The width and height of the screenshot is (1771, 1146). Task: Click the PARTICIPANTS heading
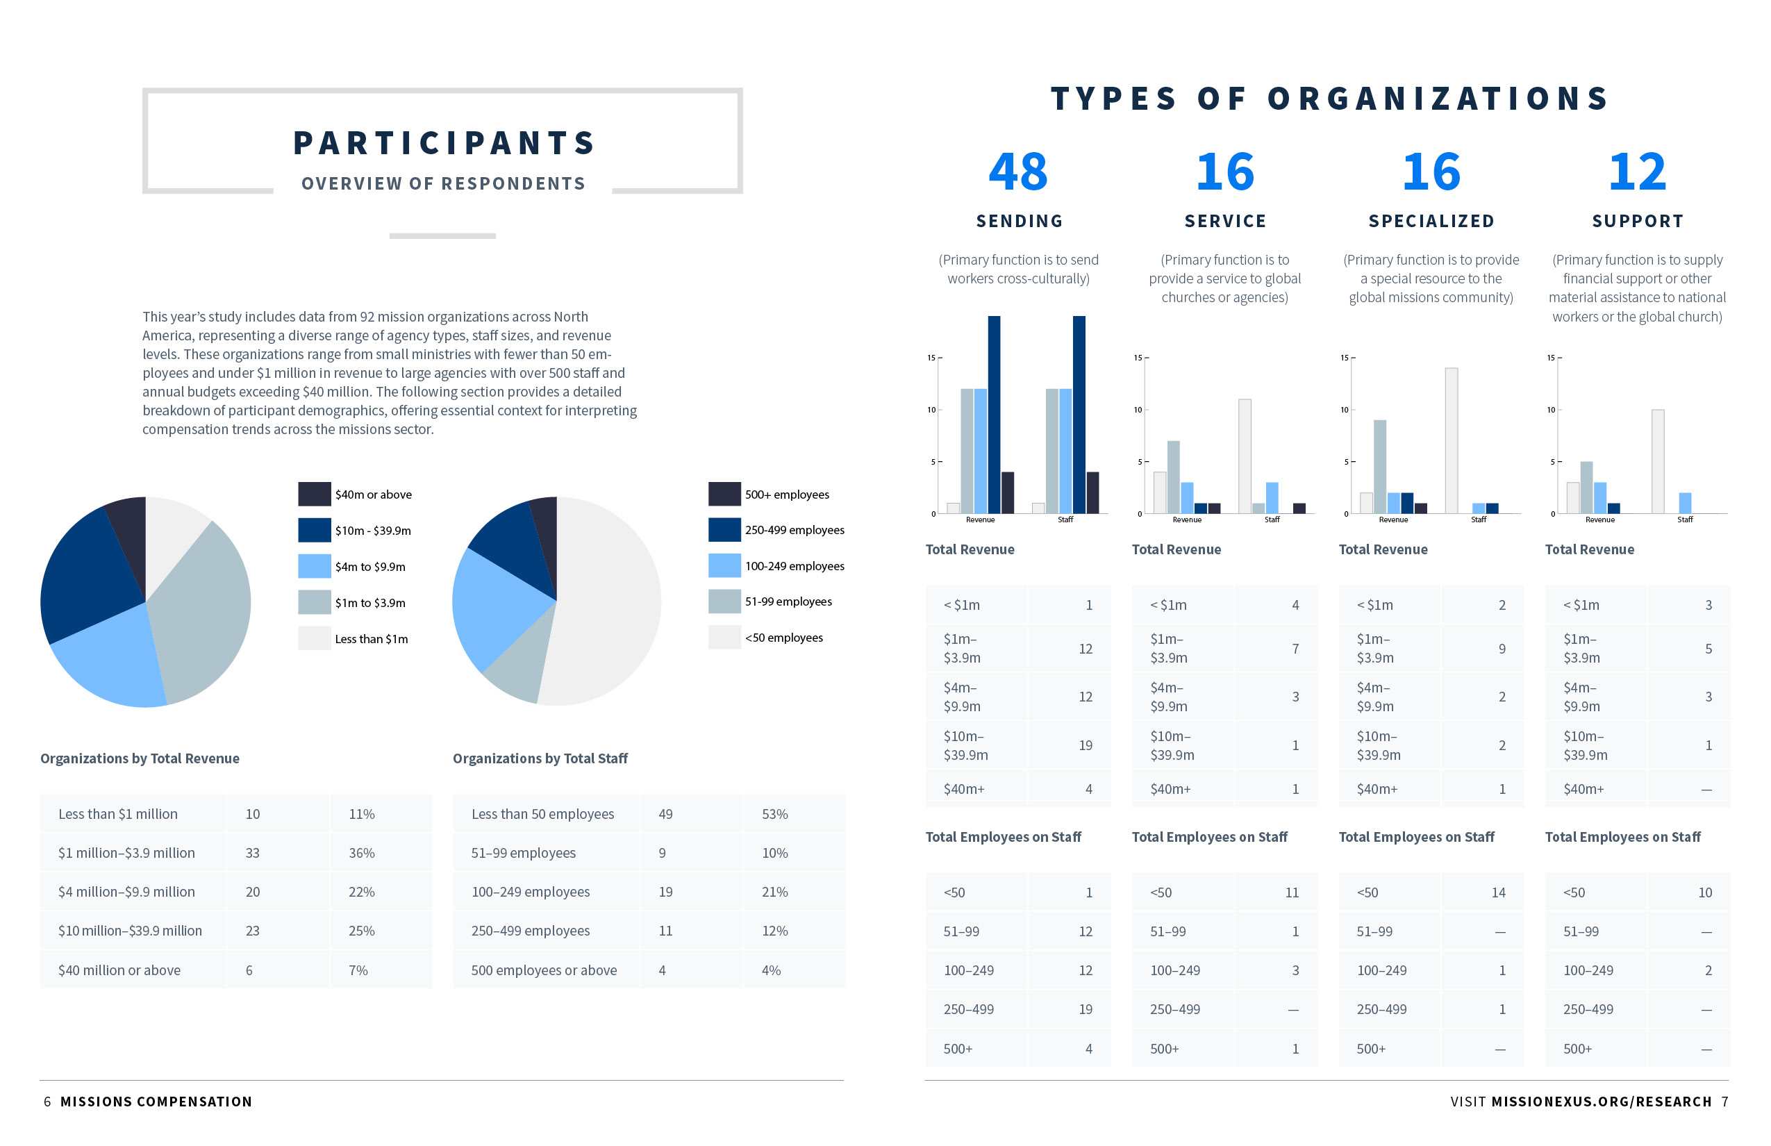(x=444, y=143)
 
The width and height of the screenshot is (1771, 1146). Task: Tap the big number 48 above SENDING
(x=1018, y=172)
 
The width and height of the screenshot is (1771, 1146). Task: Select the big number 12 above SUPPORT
(x=1637, y=172)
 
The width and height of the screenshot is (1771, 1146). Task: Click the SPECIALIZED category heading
(x=1431, y=221)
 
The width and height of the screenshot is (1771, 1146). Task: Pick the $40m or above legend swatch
(x=314, y=494)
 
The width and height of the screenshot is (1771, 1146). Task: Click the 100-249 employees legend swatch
(x=724, y=565)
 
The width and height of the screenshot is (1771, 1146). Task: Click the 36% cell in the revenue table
(x=362, y=853)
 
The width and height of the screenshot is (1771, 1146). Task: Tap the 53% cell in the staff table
(x=774, y=814)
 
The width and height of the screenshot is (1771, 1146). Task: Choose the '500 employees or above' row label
(x=544, y=970)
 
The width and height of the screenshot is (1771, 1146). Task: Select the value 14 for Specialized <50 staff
(x=1498, y=892)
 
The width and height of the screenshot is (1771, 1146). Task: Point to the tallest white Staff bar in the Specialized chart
(x=1451, y=440)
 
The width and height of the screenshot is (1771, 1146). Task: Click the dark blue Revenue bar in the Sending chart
(x=994, y=415)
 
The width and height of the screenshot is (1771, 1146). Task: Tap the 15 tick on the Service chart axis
(x=1138, y=358)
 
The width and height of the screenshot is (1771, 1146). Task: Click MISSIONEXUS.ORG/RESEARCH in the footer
(x=1602, y=1102)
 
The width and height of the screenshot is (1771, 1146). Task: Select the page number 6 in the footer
(x=48, y=1102)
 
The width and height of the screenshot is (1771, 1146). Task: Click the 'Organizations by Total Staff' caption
(x=540, y=758)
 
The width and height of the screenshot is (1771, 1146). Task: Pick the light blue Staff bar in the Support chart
(x=1685, y=503)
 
